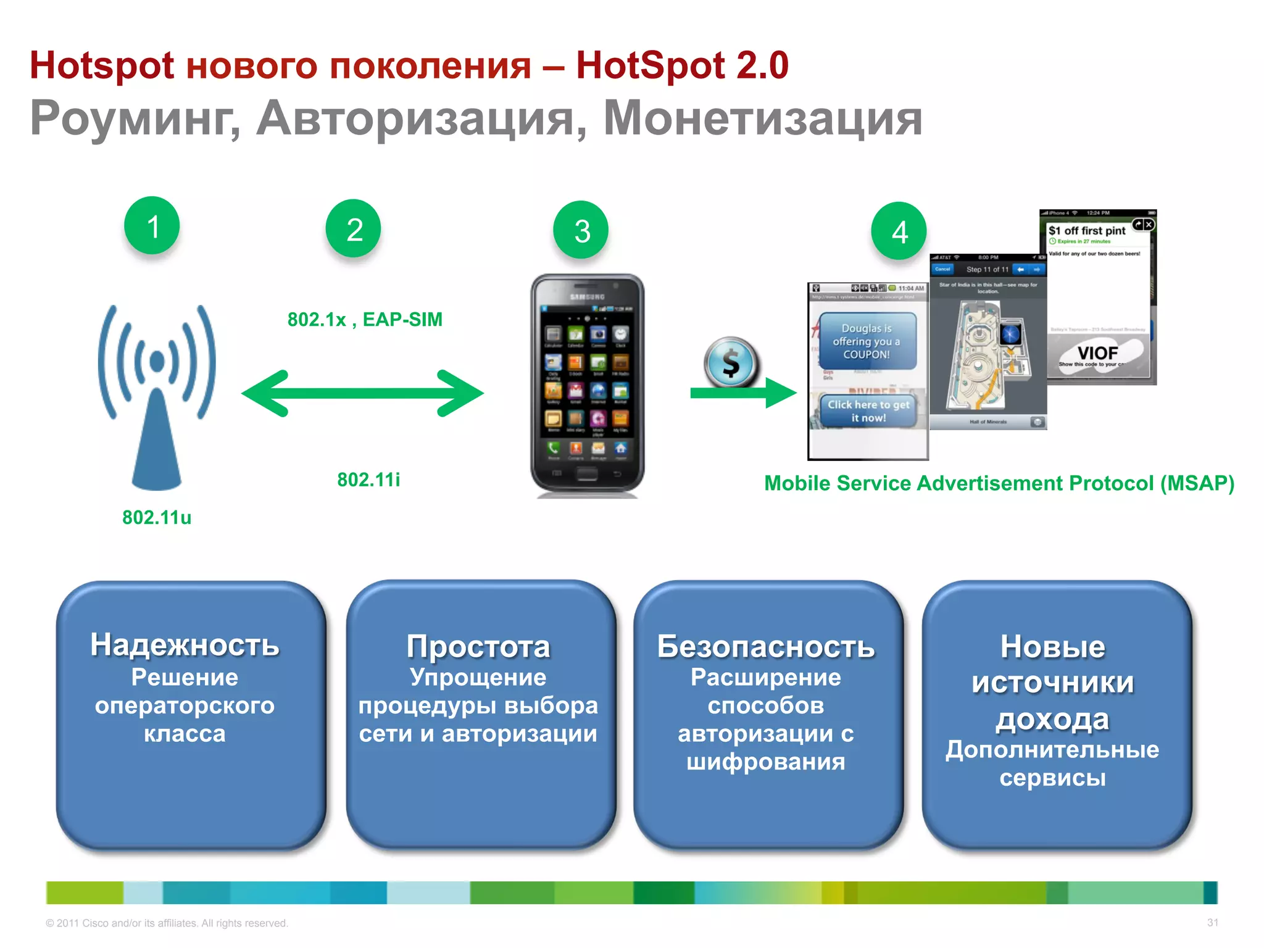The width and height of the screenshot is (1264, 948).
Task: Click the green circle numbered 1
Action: (x=152, y=226)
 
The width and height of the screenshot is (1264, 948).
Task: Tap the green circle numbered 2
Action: (x=354, y=228)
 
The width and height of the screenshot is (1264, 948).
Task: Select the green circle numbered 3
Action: (x=581, y=230)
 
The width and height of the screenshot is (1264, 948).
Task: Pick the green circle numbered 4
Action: (x=899, y=231)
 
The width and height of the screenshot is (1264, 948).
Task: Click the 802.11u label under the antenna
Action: (x=157, y=517)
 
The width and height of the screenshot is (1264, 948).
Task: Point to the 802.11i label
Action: (x=368, y=480)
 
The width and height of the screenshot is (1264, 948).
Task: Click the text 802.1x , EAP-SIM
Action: (x=365, y=320)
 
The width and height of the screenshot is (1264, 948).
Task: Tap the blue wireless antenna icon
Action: (x=157, y=395)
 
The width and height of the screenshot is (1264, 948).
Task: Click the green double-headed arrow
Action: (x=362, y=393)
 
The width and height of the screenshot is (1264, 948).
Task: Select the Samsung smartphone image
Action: (x=587, y=386)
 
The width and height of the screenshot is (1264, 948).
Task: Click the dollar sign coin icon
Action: (x=731, y=362)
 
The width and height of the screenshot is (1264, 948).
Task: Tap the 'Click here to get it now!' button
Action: (x=868, y=411)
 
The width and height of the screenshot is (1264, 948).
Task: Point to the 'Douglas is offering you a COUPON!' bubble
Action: (x=867, y=341)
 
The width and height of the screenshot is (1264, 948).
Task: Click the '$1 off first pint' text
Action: (x=1087, y=230)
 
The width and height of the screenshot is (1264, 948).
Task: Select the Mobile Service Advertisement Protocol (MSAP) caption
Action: (x=999, y=483)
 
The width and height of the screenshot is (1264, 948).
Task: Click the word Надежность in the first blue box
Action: (x=185, y=645)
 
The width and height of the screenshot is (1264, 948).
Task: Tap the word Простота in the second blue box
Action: (x=478, y=647)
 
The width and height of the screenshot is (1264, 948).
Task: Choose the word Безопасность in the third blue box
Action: (x=766, y=647)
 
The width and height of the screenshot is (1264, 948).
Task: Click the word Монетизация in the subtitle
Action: (x=763, y=118)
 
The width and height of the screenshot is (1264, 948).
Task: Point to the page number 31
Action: (x=1212, y=923)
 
